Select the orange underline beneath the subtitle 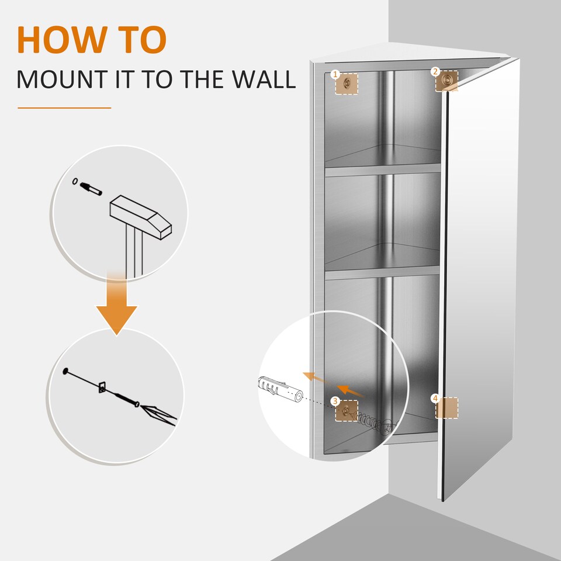tap(64, 108)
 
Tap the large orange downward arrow tap(116, 307)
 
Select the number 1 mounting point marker tap(346, 83)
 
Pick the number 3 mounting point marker tap(346, 410)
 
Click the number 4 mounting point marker tap(446, 407)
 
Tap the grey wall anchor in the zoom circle tap(279, 390)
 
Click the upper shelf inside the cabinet tap(382, 170)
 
